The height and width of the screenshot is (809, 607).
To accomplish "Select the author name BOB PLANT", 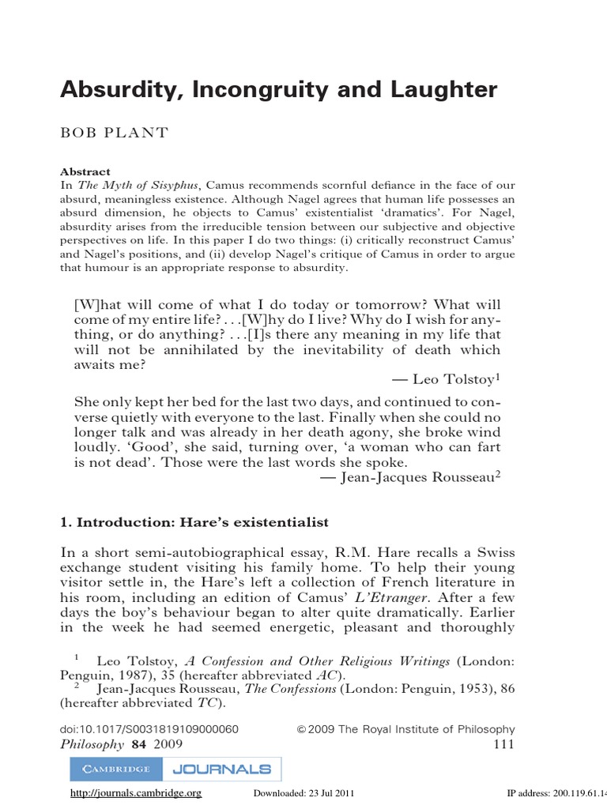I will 115,133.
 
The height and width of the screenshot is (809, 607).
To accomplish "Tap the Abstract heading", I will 85,171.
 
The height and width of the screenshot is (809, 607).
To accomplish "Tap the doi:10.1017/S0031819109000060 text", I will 149,729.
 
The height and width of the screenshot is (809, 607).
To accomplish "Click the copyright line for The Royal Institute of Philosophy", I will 405,729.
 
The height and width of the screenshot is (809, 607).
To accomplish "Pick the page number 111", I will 503,745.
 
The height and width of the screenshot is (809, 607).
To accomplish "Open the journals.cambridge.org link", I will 136,793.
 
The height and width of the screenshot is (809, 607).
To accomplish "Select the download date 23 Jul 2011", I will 301,793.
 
